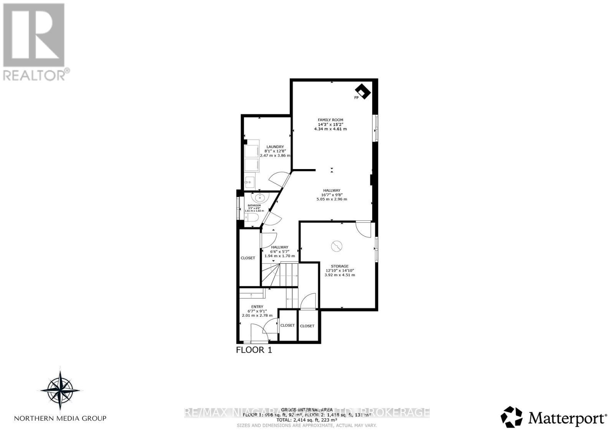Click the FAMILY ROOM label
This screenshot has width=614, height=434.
pos(330,120)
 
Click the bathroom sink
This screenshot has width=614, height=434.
pos(260,198)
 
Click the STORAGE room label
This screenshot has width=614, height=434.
pos(340,266)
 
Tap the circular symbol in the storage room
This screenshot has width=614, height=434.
pos(337,246)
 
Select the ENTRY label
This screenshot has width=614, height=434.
pos(257,306)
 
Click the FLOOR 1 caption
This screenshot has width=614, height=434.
pos(254,350)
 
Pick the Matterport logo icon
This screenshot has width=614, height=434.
pos(512,417)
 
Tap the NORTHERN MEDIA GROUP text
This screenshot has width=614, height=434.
pos(60,418)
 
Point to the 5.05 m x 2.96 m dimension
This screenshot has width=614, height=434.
pos(332,199)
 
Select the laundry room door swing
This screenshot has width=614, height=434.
pos(279,180)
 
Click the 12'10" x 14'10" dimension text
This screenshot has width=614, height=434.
pos(340,270)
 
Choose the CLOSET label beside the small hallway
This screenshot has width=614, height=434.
pos(248,258)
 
